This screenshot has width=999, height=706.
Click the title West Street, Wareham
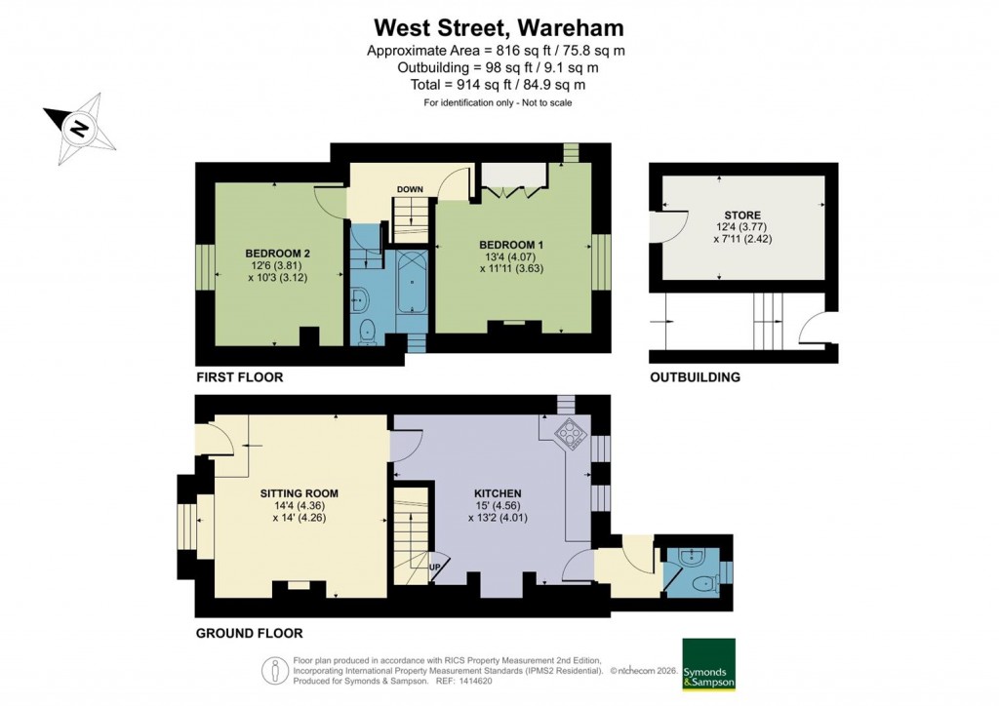499,26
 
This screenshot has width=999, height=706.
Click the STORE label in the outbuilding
741,215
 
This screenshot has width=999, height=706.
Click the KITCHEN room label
499,493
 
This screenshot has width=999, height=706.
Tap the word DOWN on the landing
410,189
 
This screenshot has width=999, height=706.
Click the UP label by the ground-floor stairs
436,567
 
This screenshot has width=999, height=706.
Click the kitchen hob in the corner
567,431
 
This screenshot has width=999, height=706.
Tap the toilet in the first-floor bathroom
366,330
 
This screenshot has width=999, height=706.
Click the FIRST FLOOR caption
240,376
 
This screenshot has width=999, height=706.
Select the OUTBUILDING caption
696,376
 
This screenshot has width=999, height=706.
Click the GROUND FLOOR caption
249,633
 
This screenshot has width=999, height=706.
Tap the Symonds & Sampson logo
708,665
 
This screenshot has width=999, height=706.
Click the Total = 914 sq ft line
499,85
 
